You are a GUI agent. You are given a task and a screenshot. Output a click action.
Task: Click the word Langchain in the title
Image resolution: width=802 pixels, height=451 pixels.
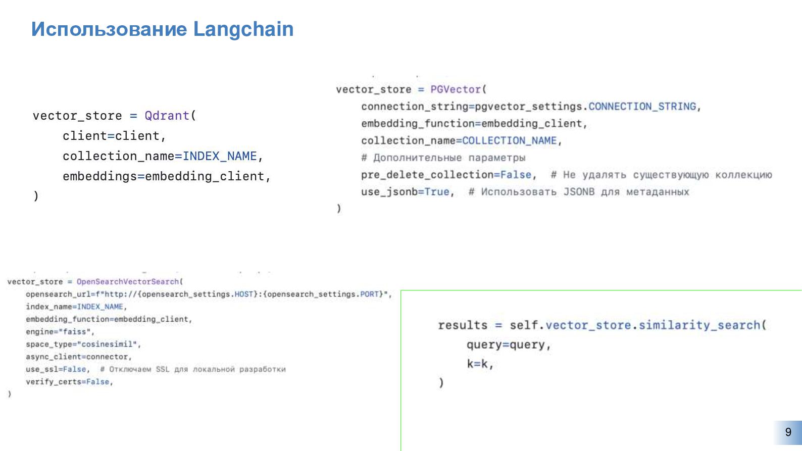point(243,29)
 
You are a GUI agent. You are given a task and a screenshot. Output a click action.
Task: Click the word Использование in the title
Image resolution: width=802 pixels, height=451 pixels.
point(109,29)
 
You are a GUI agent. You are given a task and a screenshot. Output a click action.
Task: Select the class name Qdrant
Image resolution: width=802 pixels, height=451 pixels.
point(167,116)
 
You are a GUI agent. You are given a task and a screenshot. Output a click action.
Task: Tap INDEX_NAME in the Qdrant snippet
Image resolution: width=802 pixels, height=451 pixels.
point(220,156)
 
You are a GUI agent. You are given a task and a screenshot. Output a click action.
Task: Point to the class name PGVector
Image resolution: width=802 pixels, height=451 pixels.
point(456,89)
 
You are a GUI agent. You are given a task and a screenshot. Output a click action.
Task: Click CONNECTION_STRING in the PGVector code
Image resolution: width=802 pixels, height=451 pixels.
point(642,107)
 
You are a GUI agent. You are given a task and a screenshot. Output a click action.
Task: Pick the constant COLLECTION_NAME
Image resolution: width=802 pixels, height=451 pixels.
point(509,141)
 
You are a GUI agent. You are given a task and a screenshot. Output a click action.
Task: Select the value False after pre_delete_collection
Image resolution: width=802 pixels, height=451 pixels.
point(516,175)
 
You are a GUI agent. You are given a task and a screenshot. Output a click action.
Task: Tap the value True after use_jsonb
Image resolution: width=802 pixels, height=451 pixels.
point(437,192)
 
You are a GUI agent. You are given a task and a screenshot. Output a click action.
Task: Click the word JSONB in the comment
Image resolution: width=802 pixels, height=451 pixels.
point(579,192)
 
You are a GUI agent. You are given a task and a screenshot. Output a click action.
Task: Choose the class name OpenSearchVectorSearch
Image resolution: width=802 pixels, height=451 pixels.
point(128,282)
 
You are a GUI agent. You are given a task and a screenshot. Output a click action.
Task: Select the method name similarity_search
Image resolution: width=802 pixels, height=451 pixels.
point(699,325)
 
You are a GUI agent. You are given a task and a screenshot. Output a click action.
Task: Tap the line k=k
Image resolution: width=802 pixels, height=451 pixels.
point(479,364)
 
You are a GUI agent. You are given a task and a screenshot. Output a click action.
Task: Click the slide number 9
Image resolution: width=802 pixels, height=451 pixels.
point(788,432)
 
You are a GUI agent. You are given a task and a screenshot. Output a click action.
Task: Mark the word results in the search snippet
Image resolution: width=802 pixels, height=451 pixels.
point(463,325)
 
